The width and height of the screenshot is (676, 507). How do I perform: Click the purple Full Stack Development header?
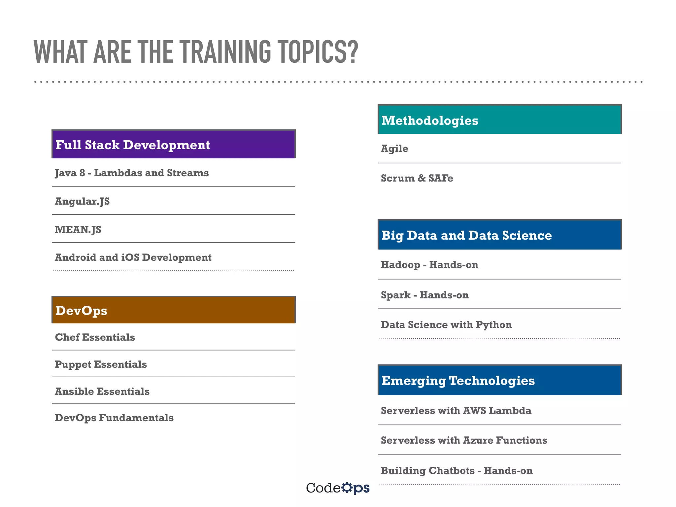pyautogui.click(x=173, y=144)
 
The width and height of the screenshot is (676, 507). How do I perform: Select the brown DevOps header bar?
pyautogui.click(x=173, y=310)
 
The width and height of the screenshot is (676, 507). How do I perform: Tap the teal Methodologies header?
pyautogui.click(x=499, y=120)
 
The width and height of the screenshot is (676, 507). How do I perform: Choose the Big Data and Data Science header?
pyautogui.click(x=499, y=235)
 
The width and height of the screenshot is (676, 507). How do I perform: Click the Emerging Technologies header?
pyautogui.click(x=499, y=380)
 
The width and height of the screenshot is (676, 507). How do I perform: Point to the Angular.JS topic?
pyautogui.click(x=82, y=201)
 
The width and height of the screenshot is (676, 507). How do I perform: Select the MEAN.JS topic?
pyautogui.click(x=78, y=229)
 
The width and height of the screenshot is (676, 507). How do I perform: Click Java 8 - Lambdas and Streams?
pyautogui.click(x=132, y=173)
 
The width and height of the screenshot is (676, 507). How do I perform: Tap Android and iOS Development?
pyautogui.click(x=133, y=257)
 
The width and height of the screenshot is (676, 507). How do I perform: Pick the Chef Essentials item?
pyautogui.click(x=95, y=337)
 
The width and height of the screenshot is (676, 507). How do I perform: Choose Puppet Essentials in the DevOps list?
pyautogui.click(x=101, y=364)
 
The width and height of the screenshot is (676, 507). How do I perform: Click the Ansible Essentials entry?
pyautogui.click(x=102, y=391)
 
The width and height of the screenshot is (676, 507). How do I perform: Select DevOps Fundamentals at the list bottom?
pyautogui.click(x=114, y=418)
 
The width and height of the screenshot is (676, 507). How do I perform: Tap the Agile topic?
pyautogui.click(x=394, y=149)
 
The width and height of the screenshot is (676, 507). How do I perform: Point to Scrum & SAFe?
pyautogui.click(x=417, y=178)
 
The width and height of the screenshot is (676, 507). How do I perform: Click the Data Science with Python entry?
pyautogui.click(x=446, y=325)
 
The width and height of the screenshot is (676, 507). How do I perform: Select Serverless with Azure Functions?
pyautogui.click(x=464, y=440)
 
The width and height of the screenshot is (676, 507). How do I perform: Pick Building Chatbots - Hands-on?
pyautogui.click(x=456, y=471)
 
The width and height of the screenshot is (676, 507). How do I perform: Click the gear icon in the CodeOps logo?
pyautogui.click(x=347, y=488)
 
